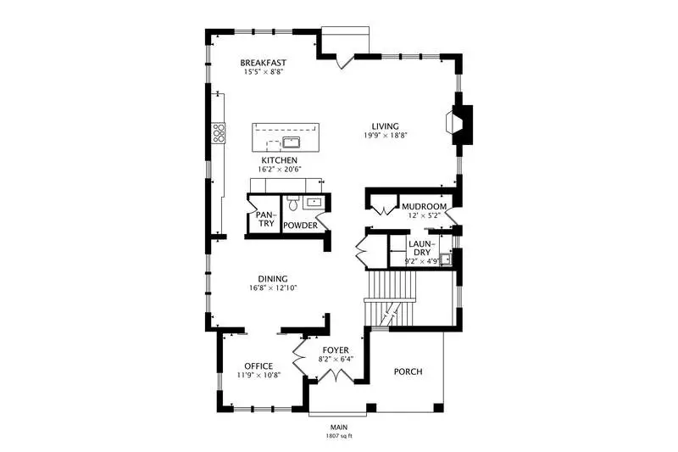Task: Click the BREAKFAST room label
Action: click(x=264, y=63)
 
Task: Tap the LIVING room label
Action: click(x=386, y=126)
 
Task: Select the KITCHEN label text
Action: click(x=280, y=160)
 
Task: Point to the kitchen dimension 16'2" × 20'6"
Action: click(x=280, y=169)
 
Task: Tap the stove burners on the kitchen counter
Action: click(x=218, y=133)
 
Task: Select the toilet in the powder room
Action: click(x=293, y=203)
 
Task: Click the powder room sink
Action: click(x=313, y=202)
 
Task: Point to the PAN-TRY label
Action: click(x=265, y=219)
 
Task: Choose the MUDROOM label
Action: click(x=425, y=207)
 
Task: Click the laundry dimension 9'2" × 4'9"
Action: click(x=422, y=261)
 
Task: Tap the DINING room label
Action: click(x=273, y=279)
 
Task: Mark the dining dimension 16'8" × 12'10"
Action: click(x=273, y=288)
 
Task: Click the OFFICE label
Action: click(x=258, y=366)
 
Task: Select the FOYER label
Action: click(x=336, y=350)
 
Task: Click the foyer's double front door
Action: click(x=336, y=376)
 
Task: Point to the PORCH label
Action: click(x=408, y=371)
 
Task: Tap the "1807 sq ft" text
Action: click(x=339, y=436)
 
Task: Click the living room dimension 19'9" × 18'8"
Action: click(x=386, y=136)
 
